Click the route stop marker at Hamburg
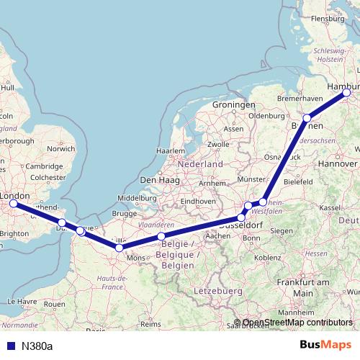point(346,92)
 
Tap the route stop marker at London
point(12,204)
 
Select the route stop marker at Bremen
point(307,118)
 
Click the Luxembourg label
point(217,290)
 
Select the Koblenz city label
point(267,257)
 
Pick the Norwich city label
point(60,149)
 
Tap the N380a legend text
point(37,346)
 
